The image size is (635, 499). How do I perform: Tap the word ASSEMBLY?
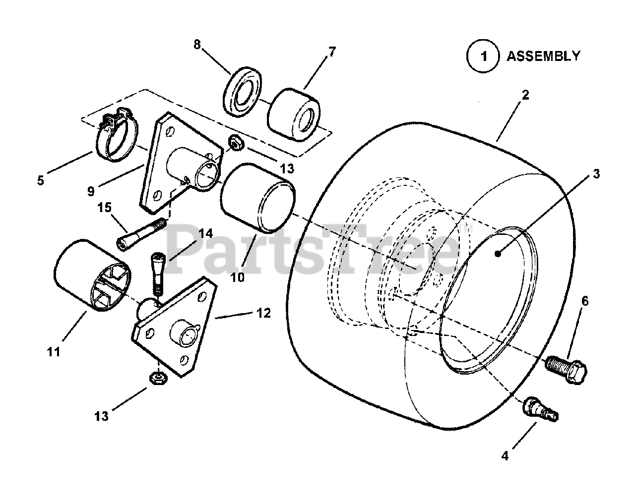[x=543, y=56]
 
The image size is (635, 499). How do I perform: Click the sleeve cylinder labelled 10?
[x=257, y=198]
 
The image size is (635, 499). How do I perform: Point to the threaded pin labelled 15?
[x=141, y=235]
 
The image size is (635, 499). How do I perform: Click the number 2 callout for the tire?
[x=525, y=95]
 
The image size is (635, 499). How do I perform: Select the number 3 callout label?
[x=596, y=174]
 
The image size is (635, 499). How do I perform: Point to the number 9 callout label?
[x=90, y=189]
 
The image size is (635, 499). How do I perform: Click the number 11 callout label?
[x=54, y=352]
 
